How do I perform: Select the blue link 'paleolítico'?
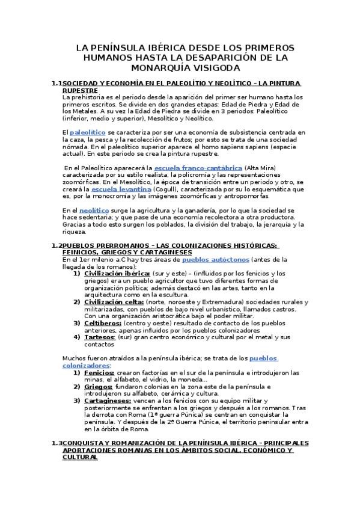(x=88, y=131)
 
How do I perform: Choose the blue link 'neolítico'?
(x=94, y=210)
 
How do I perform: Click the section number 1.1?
(x=57, y=82)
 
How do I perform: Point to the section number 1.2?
(x=57, y=245)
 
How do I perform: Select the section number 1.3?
(x=57, y=443)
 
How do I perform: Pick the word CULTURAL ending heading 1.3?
(x=80, y=457)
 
